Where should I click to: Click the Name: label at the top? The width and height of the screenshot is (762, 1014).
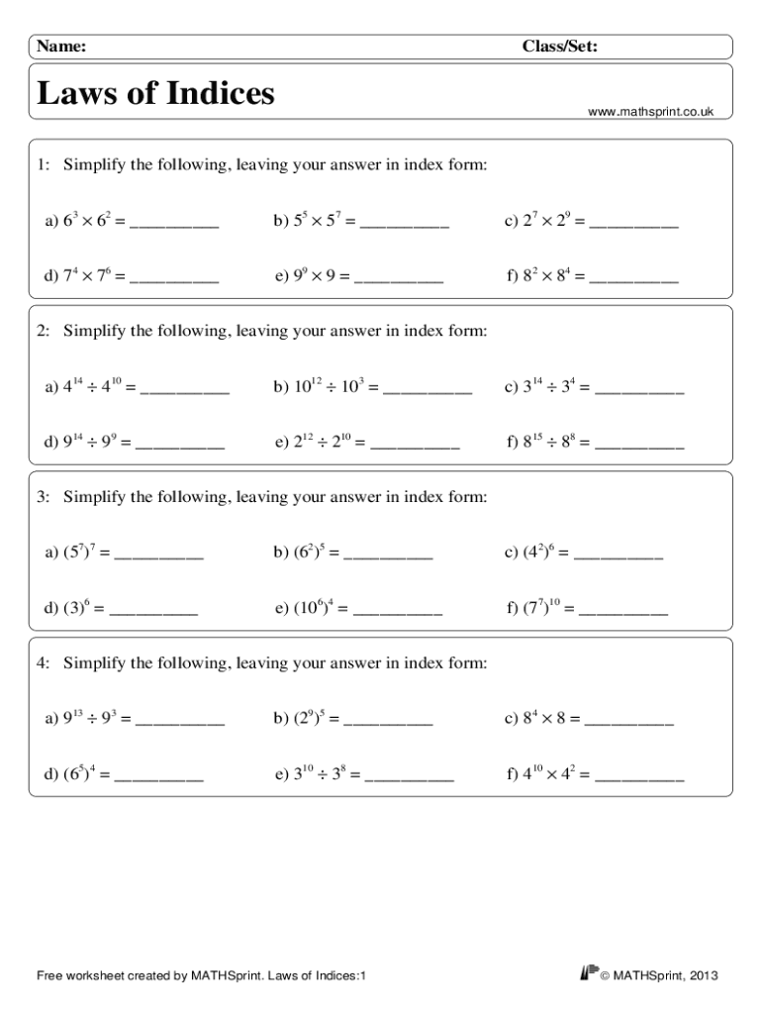pos(61,47)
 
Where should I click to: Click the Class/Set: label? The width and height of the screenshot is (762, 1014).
pos(559,47)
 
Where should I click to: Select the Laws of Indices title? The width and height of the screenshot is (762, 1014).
pos(155,94)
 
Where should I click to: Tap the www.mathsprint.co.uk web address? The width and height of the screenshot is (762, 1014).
pos(650,113)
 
